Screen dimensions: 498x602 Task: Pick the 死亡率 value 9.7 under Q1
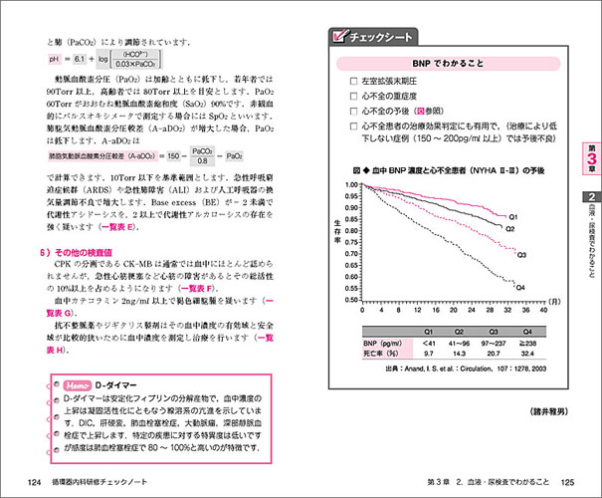[428, 353]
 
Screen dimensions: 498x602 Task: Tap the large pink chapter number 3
[586, 160]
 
